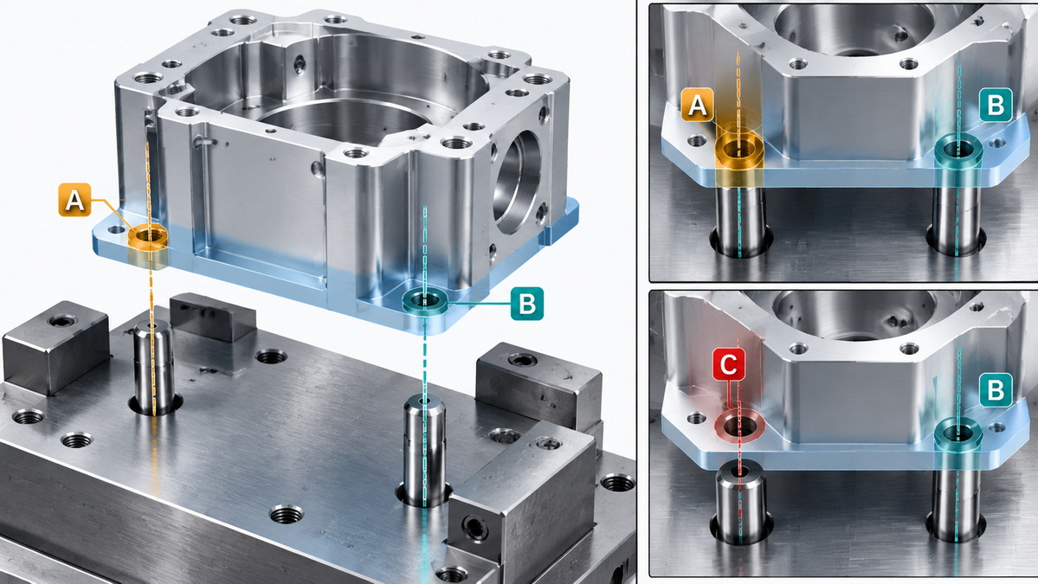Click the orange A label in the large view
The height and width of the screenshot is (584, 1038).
74,200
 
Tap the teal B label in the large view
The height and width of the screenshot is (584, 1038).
527,304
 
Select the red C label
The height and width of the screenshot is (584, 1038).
728,364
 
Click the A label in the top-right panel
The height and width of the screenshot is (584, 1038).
698,106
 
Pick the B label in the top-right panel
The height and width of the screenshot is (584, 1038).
996,105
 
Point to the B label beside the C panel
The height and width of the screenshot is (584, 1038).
996,389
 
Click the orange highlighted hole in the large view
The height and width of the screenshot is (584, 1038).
148,237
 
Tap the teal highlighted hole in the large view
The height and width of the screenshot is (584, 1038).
424,302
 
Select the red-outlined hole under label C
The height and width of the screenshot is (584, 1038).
738,426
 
